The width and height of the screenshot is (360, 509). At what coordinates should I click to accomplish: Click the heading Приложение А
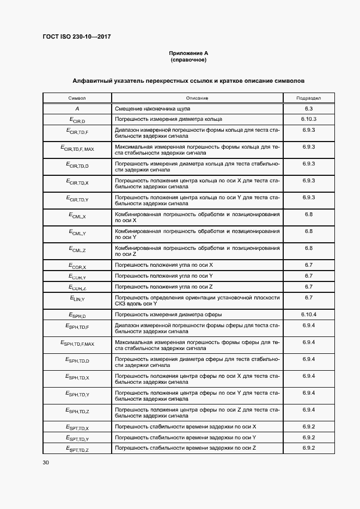click(x=188, y=53)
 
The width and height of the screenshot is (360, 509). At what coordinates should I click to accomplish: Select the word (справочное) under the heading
click(x=188, y=59)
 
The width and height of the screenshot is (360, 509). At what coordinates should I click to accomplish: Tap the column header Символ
click(x=77, y=98)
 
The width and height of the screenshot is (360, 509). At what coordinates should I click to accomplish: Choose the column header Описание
click(x=197, y=98)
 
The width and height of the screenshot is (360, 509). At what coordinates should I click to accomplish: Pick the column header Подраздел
click(x=308, y=98)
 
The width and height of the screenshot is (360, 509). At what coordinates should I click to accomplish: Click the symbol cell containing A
click(x=77, y=108)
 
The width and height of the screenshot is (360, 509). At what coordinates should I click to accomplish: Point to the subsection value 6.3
click(x=308, y=108)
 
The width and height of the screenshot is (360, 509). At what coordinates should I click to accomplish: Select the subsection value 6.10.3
click(x=308, y=119)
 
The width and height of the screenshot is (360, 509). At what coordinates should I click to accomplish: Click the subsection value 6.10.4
click(x=308, y=315)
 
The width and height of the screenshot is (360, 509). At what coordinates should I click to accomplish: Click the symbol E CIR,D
click(x=77, y=119)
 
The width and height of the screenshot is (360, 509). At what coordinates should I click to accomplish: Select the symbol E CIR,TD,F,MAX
click(x=77, y=148)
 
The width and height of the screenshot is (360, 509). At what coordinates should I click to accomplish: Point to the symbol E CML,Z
click(x=77, y=249)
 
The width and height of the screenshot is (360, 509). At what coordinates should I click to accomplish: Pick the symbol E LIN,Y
click(x=77, y=299)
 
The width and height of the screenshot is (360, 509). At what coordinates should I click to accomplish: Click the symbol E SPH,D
click(x=77, y=315)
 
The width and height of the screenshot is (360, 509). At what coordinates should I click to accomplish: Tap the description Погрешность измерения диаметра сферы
click(x=168, y=315)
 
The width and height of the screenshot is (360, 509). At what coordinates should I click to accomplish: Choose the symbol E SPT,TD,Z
click(x=77, y=449)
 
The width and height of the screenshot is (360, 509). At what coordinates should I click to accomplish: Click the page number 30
click(x=46, y=463)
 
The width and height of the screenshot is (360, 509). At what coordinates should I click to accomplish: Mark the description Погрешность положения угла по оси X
click(x=164, y=265)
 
